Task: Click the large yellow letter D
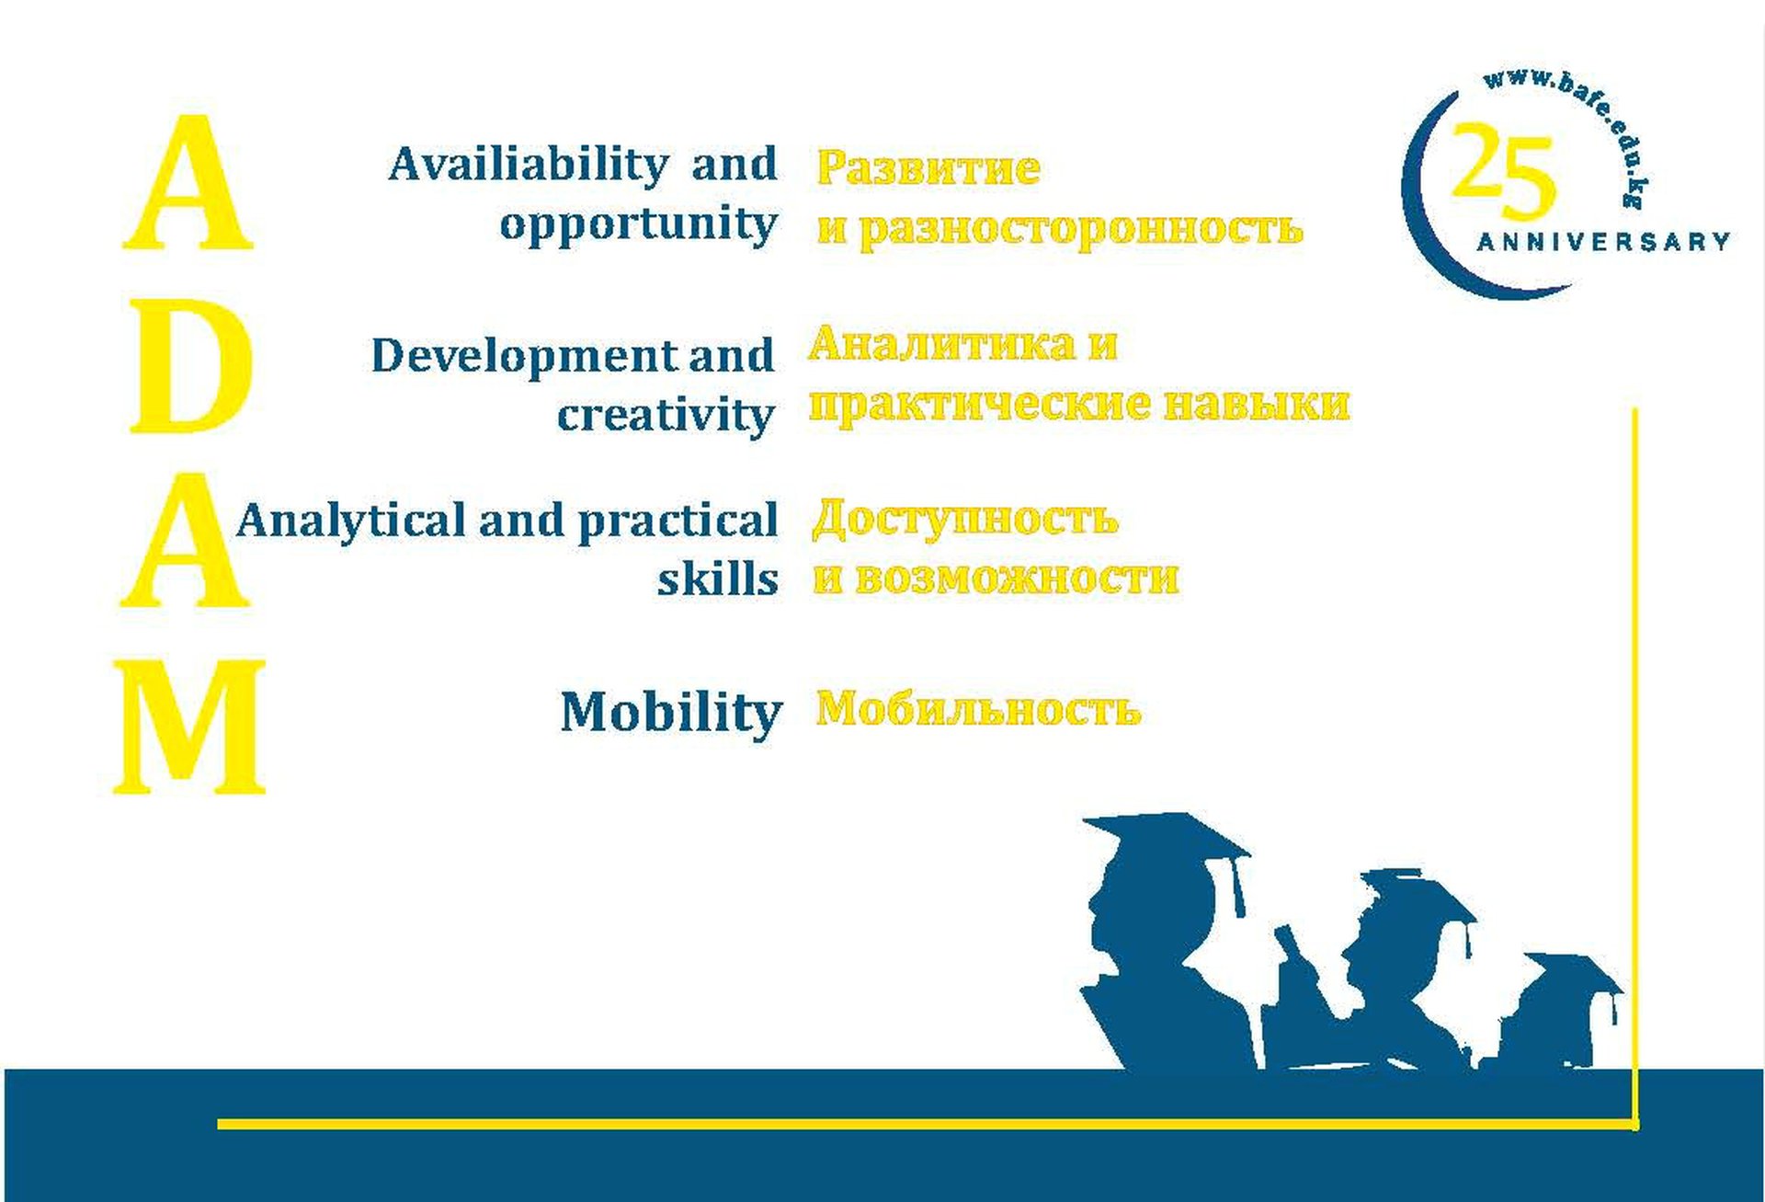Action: click(191, 365)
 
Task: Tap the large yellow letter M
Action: click(189, 727)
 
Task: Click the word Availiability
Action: click(529, 166)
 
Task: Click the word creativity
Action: click(666, 415)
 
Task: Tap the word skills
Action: click(718, 578)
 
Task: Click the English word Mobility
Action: click(671, 713)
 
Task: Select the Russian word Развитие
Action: click(928, 168)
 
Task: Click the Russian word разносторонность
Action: click(1081, 228)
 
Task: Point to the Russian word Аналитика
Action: click(940, 344)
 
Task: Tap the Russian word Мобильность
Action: click(978, 709)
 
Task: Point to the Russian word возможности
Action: click(1017, 578)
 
